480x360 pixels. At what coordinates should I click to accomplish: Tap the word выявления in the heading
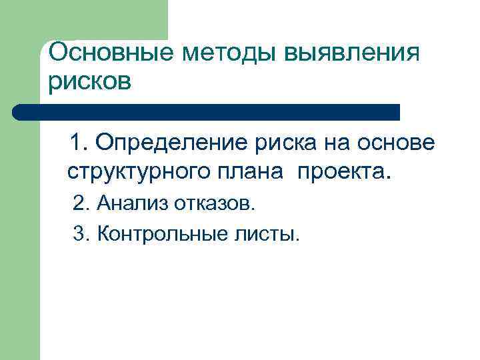(353, 53)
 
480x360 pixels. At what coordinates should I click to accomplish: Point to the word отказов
(215, 203)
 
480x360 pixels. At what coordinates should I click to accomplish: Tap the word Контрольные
(157, 234)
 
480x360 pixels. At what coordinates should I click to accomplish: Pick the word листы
(265, 234)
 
